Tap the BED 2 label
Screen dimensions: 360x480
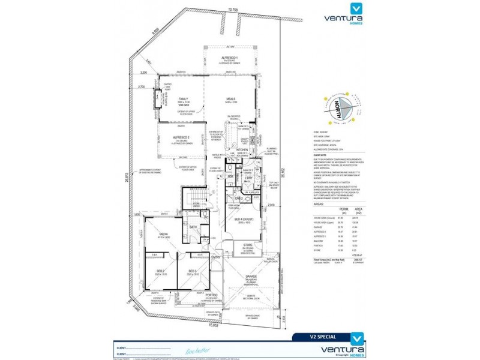pyautogui.click(x=160, y=272)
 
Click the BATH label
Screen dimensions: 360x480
pyautogui.click(x=193, y=227)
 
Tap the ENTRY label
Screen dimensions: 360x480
pyautogui.click(x=215, y=257)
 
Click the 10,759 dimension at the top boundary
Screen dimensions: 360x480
pyautogui.click(x=233, y=10)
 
